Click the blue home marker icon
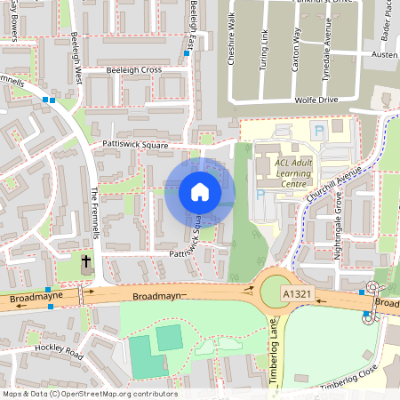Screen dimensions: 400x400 pos(200,192)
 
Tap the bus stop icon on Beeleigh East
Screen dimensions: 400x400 pos(187,53)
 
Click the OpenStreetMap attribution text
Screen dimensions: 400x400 pos(91,393)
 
